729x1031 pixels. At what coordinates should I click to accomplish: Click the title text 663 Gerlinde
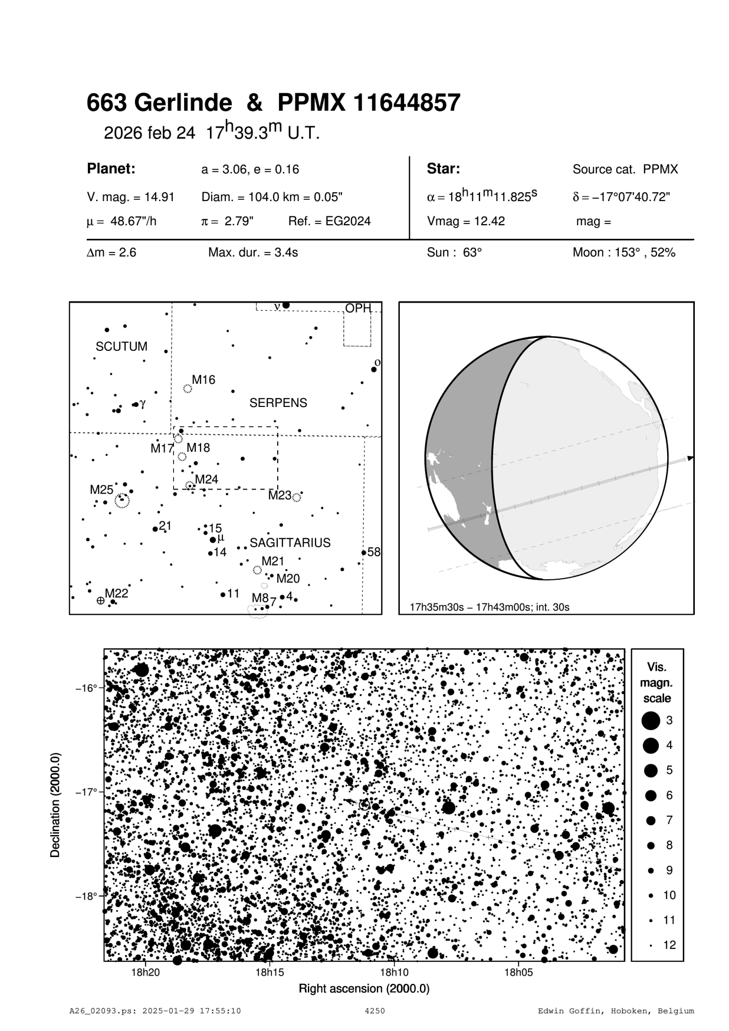(x=159, y=103)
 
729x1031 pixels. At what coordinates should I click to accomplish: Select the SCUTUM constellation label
(x=121, y=347)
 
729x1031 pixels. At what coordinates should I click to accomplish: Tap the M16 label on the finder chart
(x=203, y=380)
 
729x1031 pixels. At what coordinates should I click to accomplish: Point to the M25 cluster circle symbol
(x=121, y=501)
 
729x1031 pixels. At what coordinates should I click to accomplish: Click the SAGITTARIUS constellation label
(x=290, y=543)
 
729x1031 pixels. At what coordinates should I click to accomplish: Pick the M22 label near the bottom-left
(x=116, y=593)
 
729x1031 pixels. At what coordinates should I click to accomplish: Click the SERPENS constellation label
(x=278, y=403)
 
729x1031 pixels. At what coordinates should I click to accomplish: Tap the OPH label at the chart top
(x=358, y=308)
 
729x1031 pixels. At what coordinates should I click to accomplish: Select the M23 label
(x=280, y=495)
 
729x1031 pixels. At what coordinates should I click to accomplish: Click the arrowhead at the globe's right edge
(x=690, y=458)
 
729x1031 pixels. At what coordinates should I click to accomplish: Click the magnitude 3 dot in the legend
(x=651, y=720)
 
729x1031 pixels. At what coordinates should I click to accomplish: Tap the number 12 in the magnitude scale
(x=669, y=945)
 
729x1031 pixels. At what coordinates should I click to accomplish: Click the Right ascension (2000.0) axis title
(x=364, y=989)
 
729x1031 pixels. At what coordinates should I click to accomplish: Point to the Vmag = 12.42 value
(x=465, y=222)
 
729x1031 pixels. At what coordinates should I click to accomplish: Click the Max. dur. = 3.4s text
(x=253, y=253)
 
